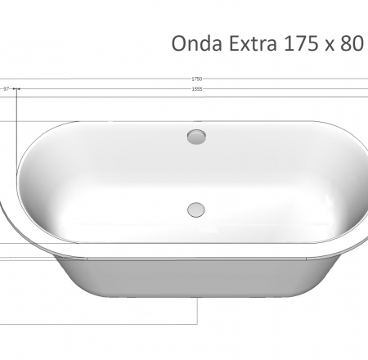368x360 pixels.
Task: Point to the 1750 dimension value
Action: click(197, 79)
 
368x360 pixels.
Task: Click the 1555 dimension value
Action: click(197, 88)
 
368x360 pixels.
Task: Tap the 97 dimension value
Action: click(7, 88)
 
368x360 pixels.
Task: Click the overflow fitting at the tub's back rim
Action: click(196, 136)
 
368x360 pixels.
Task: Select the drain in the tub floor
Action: click(196, 208)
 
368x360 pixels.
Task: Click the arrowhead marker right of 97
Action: click(17, 88)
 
